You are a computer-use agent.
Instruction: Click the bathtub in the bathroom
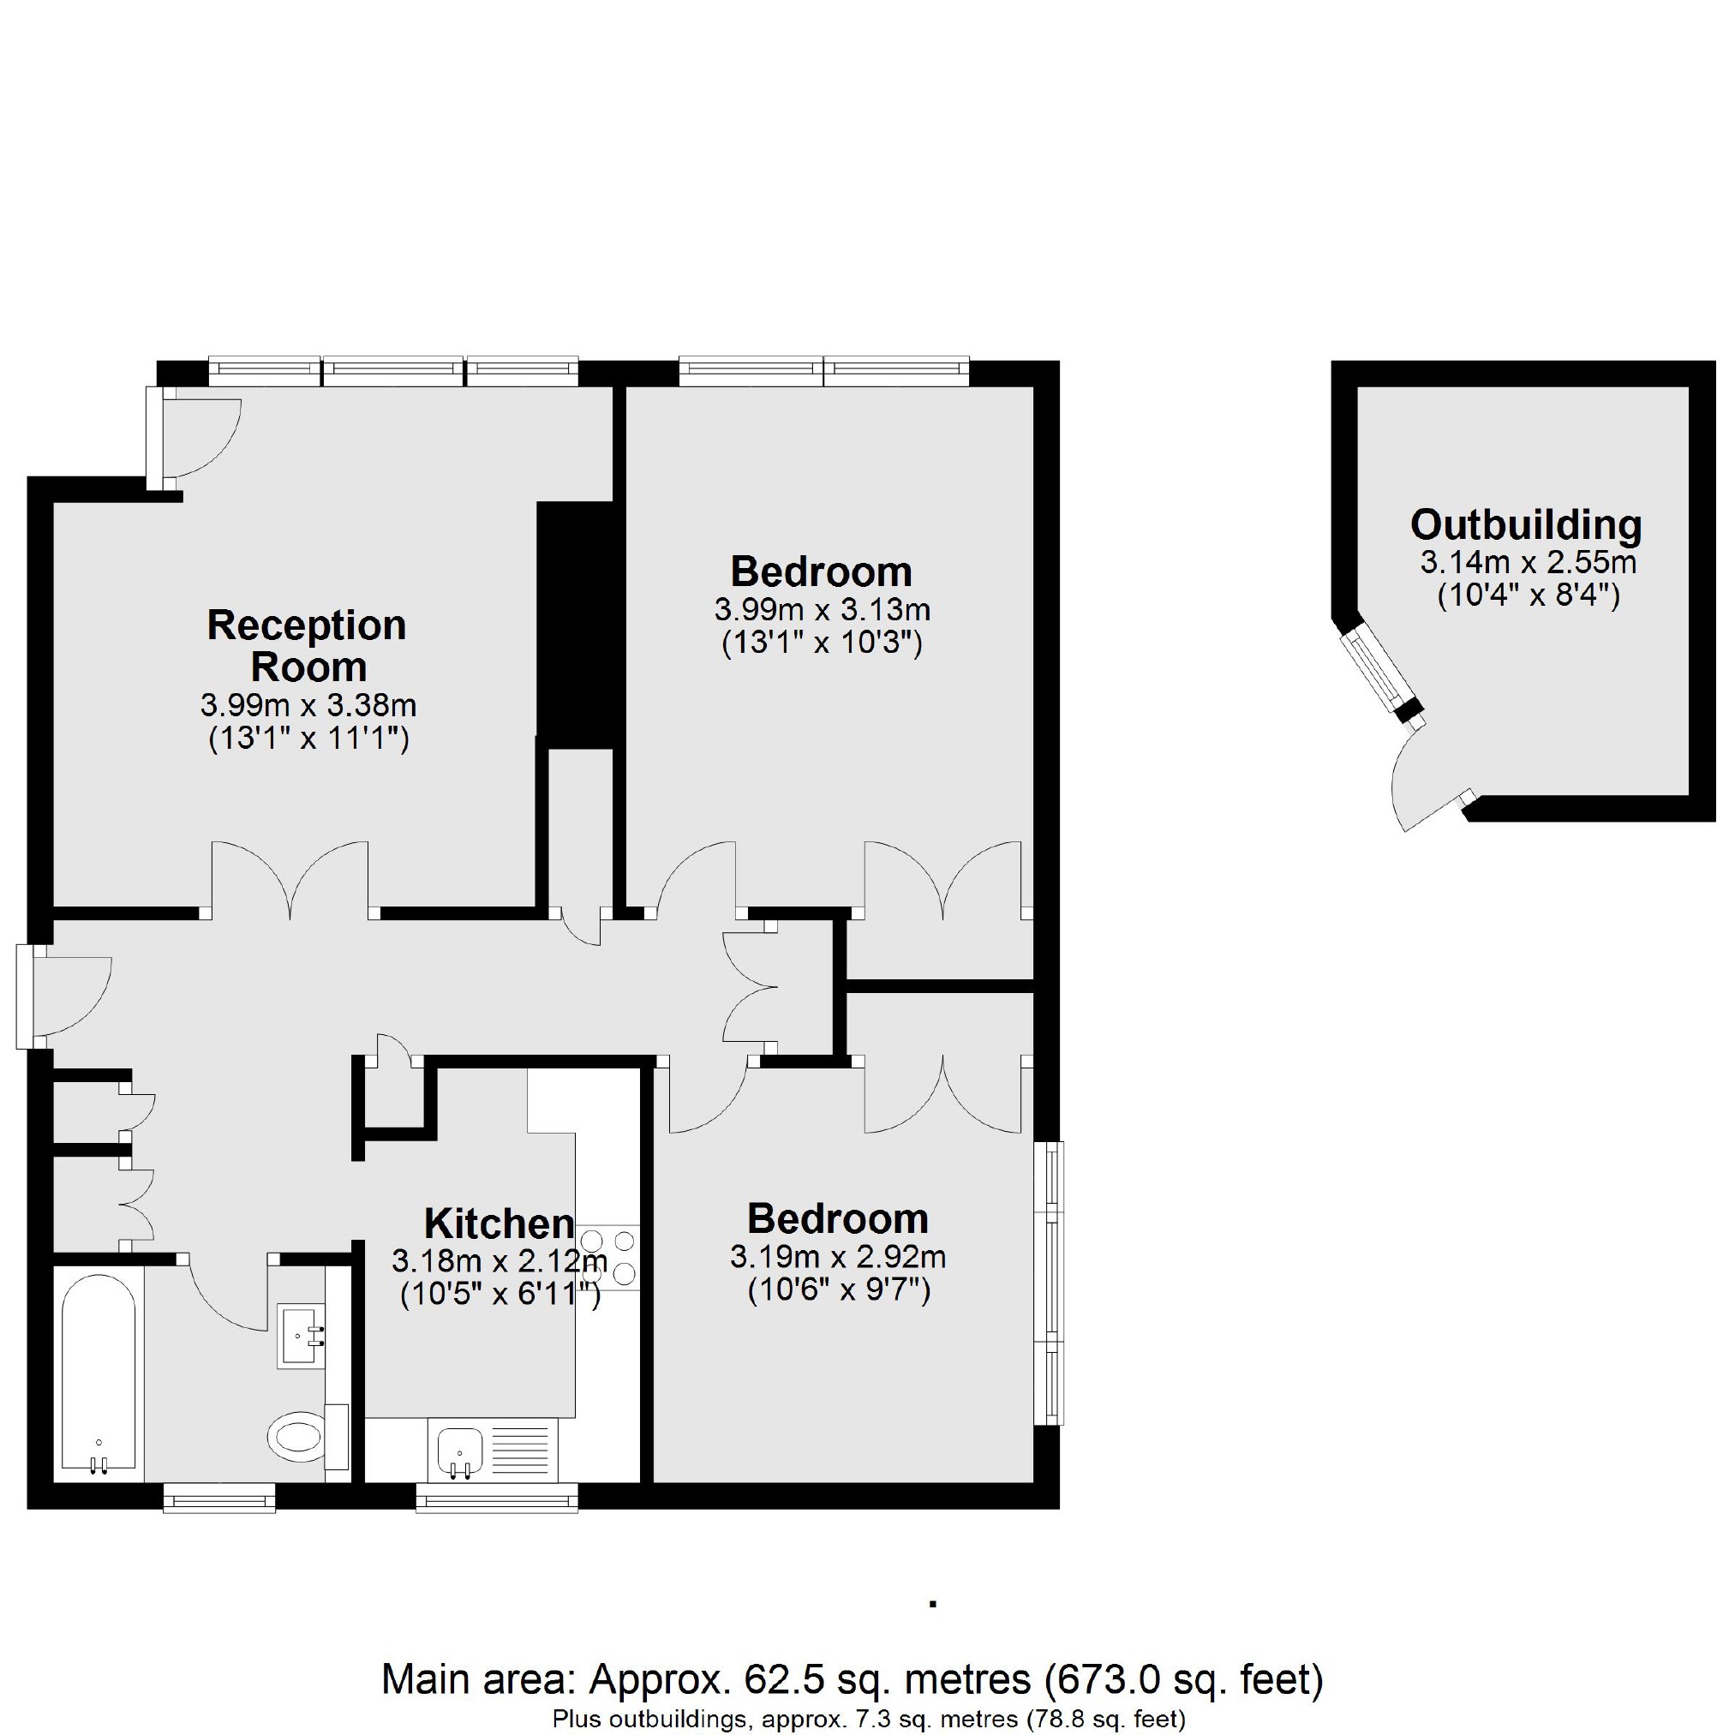(99, 1383)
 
